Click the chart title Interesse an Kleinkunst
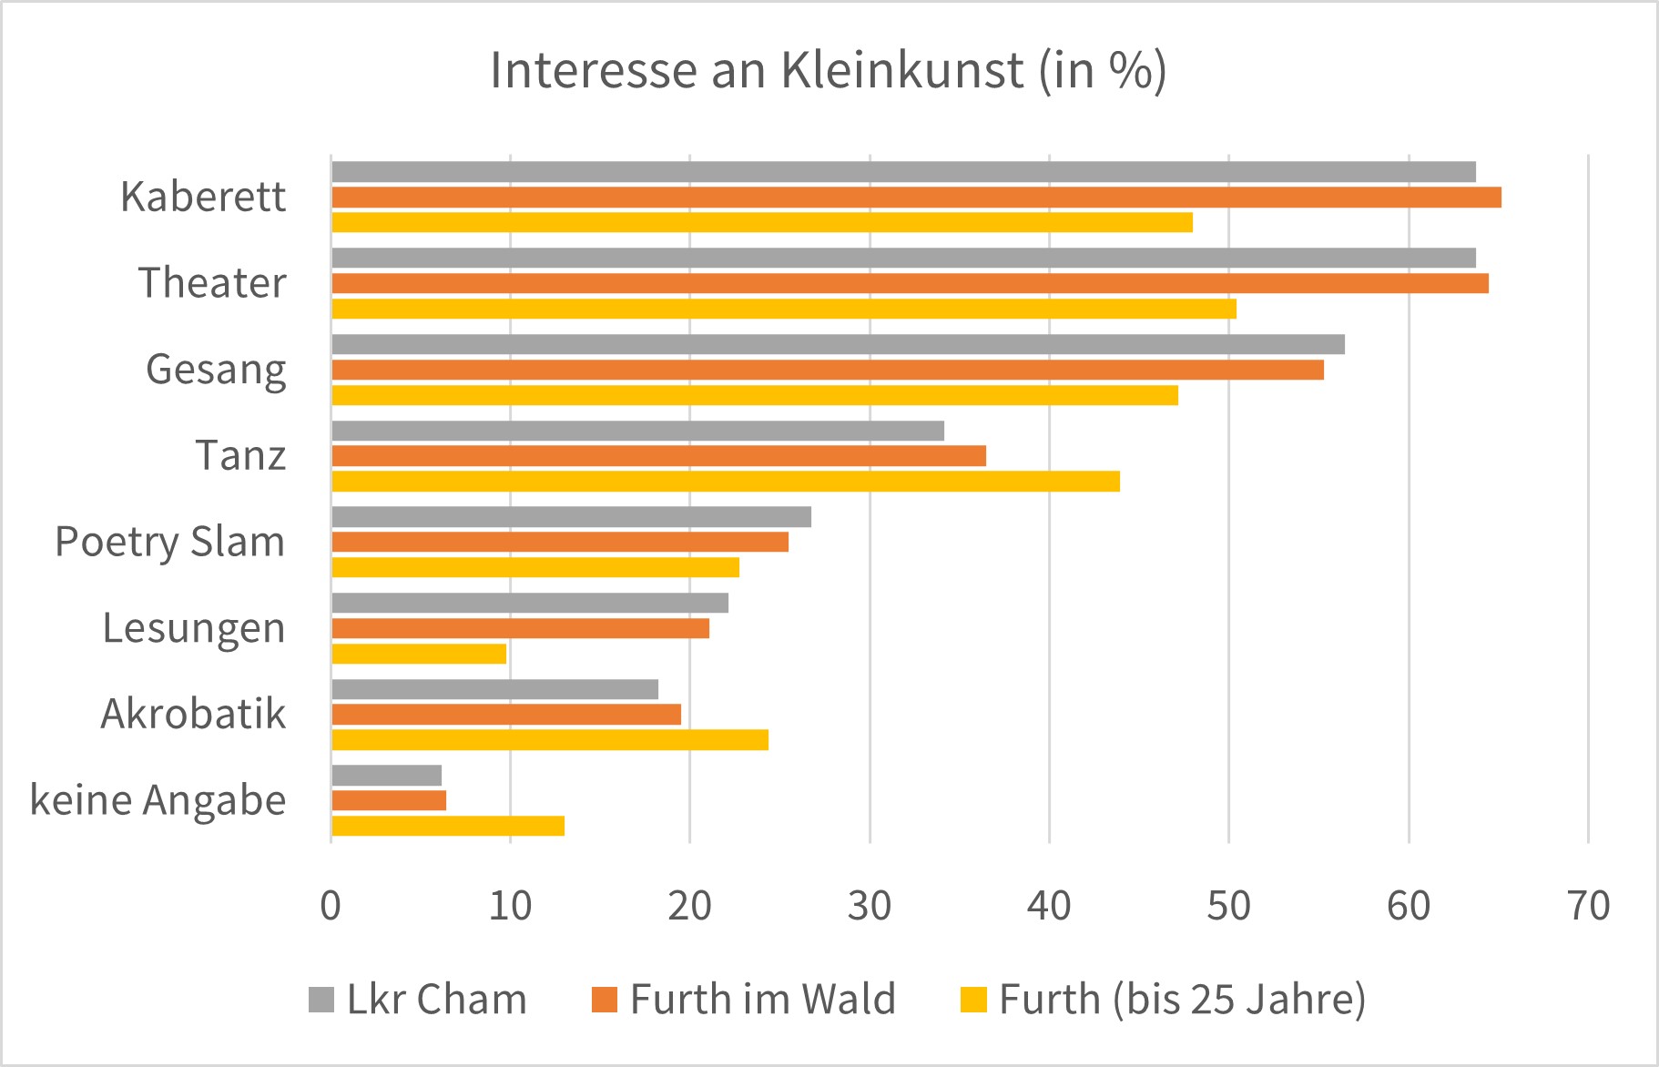(x=828, y=71)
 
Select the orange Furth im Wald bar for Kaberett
(x=915, y=197)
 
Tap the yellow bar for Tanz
(x=725, y=482)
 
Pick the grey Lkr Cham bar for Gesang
(x=838, y=344)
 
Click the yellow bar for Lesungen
(x=419, y=654)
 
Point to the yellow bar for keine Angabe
(x=448, y=826)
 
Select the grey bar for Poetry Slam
(x=571, y=517)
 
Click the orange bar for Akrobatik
(x=506, y=715)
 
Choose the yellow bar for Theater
(x=783, y=309)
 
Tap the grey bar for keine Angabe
(x=386, y=775)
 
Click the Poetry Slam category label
(x=170, y=542)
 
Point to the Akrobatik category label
(x=193, y=714)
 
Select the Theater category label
(x=212, y=283)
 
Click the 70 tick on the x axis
(x=1589, y=906)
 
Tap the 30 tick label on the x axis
(x=870, y=906)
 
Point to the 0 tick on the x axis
(x=331, y=906)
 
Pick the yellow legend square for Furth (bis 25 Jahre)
(x=973, y=1000)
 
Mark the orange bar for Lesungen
(x=520, y=628)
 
